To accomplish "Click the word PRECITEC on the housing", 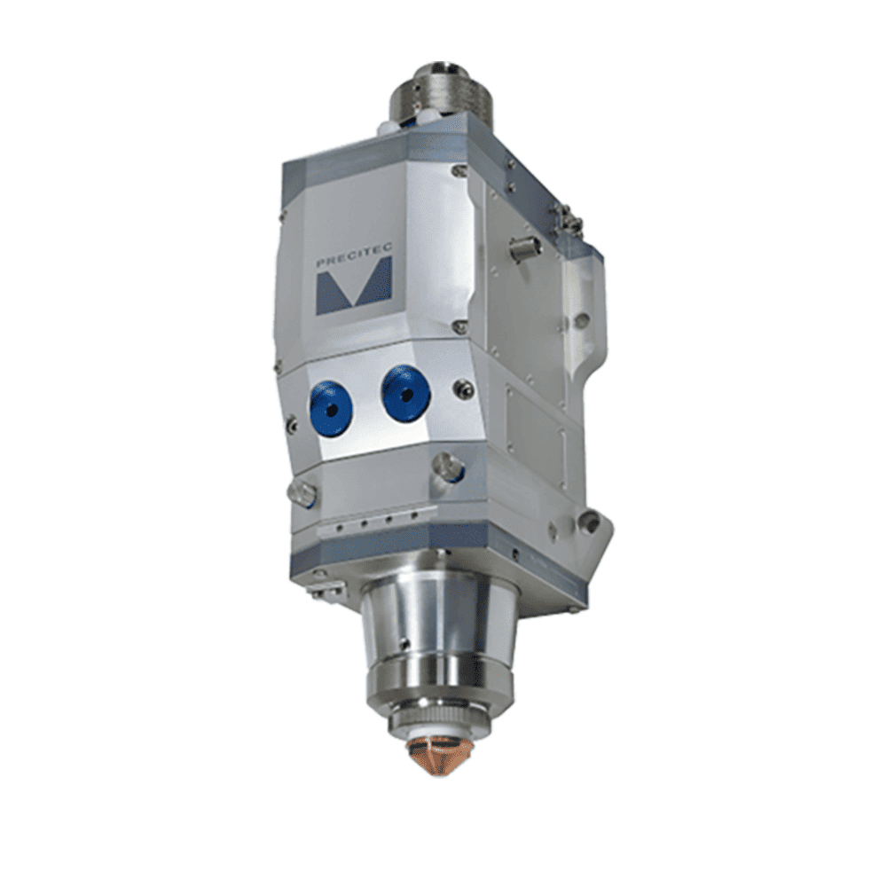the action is (x=354, y=256).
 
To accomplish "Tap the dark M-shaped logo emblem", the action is (x=354, y=287).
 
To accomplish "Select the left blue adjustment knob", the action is (x=330, y=408).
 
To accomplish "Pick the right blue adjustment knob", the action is (x=405, y=392).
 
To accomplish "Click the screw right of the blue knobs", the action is (x=464, y=389).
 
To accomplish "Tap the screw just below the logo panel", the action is (x=460, y=326).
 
